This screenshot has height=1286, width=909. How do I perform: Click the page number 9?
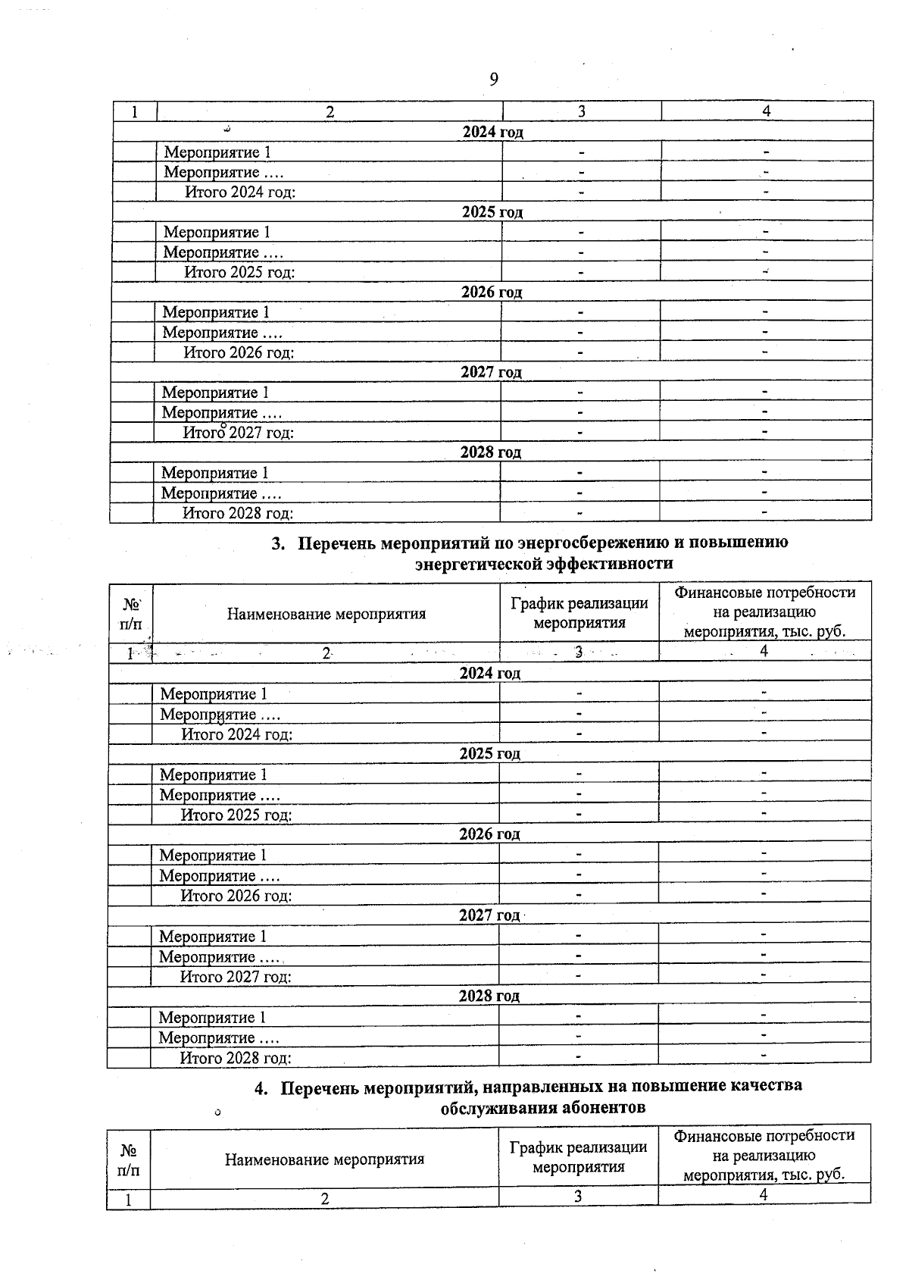tap(494, 80)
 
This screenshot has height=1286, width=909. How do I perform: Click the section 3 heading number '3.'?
tap(279, 543)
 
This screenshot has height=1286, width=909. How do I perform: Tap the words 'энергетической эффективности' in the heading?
tap(544, 564)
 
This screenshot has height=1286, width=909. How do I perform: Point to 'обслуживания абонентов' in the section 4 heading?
tap(543, 1108)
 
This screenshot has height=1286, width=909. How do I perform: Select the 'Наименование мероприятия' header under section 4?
tap(324, 1159)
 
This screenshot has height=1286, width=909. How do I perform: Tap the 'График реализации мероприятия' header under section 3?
tap(579, 613)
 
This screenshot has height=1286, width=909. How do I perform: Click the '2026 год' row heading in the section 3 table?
tap(489, 834)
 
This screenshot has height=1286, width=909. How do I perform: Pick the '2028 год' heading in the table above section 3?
tap(491, 452)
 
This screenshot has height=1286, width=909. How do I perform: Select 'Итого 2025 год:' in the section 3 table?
tap(236, 815)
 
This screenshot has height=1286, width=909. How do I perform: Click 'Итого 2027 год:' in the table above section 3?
tap(239, 433)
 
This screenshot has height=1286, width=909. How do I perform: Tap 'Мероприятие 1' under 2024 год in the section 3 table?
tap(214, 694)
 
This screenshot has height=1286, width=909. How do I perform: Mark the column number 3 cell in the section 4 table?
tap(578, 1197)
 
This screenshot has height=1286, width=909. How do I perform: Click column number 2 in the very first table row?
tap(330, 111)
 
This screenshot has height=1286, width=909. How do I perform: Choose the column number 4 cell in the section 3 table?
tap(764, 651)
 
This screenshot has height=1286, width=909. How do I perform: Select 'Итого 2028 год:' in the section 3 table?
tap(236, 1059)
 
